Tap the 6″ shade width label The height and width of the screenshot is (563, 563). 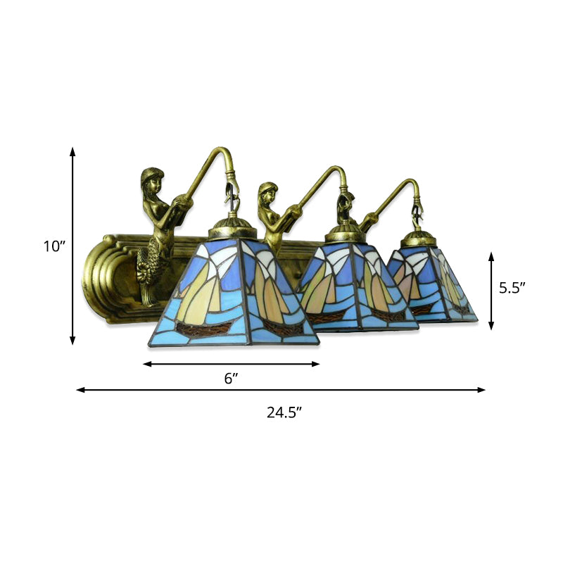tap(231, 379)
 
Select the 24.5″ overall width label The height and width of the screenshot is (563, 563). tap(284, 413)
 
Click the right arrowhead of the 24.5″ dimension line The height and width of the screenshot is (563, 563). tap(482, 389)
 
